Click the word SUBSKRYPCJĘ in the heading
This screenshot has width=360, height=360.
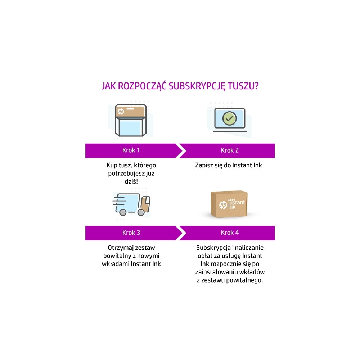[x=197, y=86]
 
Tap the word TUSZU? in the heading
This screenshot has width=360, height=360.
[x=243, y=86]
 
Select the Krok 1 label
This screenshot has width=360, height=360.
[x=131, y=150]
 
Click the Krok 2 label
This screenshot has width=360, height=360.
[x=230, y=150]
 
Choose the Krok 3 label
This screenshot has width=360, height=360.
[x=131, y=233]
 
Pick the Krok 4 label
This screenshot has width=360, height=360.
[x=230, y=233]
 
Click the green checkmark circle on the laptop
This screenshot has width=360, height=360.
[x=229, y=118]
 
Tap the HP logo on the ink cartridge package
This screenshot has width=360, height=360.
[x=121, y=112]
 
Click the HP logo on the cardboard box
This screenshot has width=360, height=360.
[x=223, y=205]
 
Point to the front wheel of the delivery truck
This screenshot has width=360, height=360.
[x=141, y=212]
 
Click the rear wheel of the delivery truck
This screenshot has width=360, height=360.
[x=123, y=212]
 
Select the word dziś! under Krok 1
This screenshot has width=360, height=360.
[x=131, y=181]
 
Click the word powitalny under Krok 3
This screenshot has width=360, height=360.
[x=117, y=256]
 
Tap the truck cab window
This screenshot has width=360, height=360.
[x=147, y=202]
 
